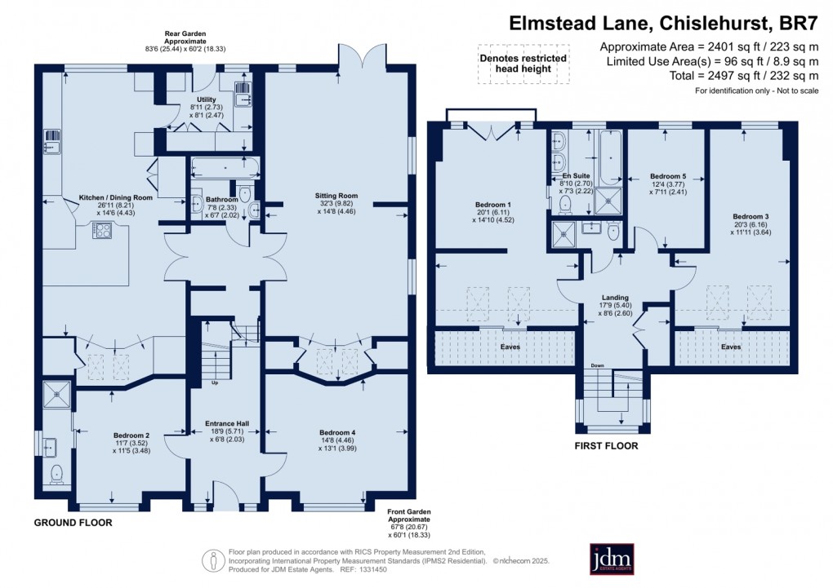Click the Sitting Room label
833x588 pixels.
(337, 196)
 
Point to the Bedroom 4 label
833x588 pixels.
(337, 432)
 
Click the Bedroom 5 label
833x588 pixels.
(667, 176)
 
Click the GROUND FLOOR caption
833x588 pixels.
(73, 522)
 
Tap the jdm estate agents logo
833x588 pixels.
(612, 559)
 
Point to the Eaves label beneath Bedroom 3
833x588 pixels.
(731, 347)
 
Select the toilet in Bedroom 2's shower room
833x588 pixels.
(56, 474)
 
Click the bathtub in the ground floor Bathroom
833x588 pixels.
(224, 170)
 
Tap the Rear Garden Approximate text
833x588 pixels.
(184, 40)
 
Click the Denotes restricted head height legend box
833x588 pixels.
(523, 64)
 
